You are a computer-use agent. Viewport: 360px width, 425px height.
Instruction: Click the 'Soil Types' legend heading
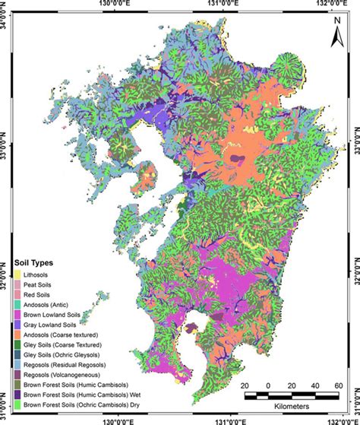(x=42, y=262)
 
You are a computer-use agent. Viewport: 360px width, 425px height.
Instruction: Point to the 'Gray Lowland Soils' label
(x=52, y=324)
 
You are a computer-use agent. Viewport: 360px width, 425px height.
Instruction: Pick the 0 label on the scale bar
(x=268, y=385)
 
